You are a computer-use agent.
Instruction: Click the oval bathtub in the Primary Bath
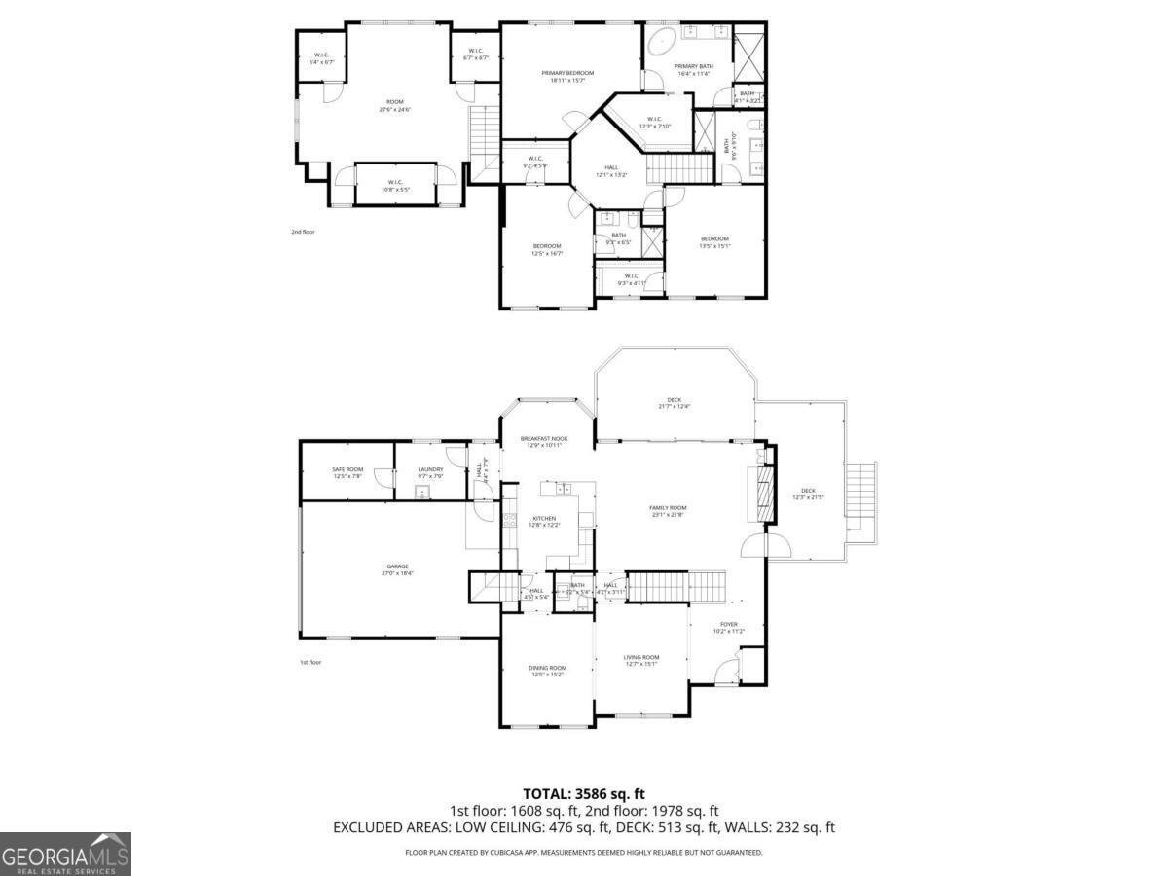(x=662, y=42)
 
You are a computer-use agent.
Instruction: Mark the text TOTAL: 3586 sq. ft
(x=584, y=794)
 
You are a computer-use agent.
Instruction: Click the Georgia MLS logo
(x=65, y=854)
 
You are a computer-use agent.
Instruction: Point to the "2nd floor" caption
(x=303, y=232)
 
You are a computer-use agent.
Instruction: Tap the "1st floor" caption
(x=310, y=662)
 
